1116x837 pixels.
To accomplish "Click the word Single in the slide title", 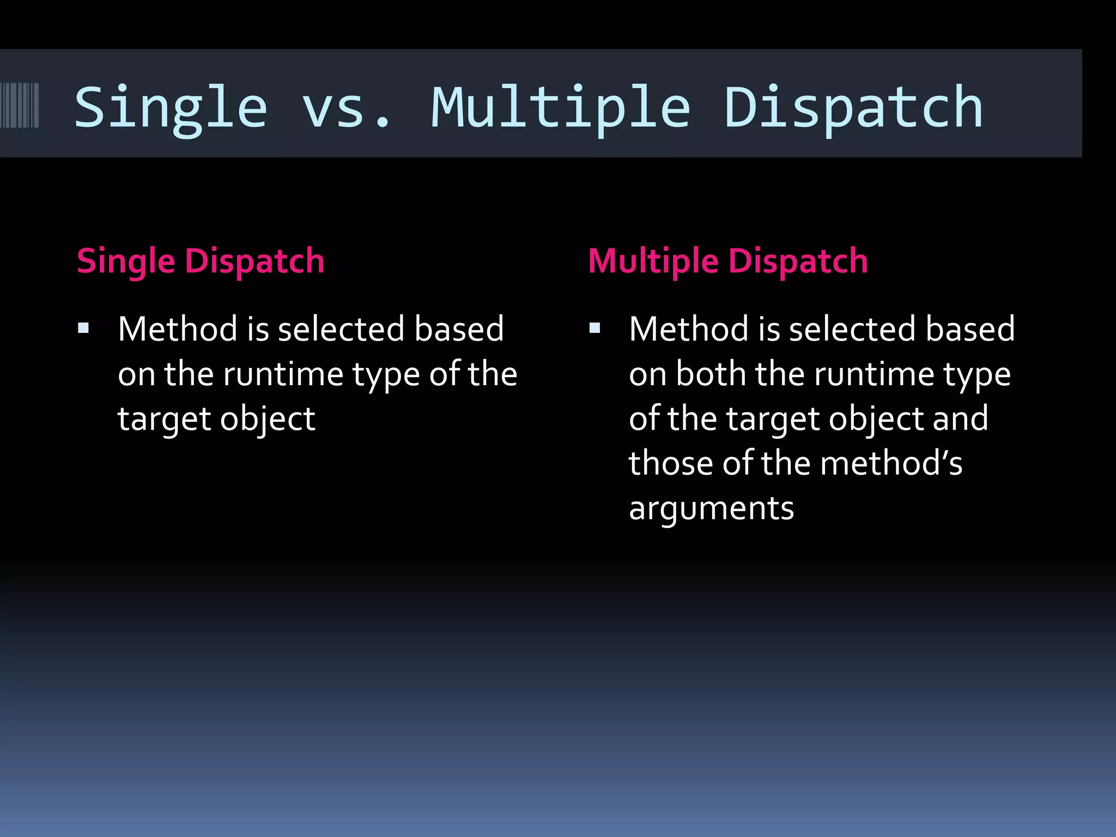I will coord(171,108).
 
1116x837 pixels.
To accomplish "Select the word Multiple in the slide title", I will coord(561,108).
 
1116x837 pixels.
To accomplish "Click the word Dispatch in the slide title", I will coord(853,108).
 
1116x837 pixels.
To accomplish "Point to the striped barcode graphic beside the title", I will coord(20,105).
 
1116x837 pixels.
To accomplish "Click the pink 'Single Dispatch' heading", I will coord(201,261).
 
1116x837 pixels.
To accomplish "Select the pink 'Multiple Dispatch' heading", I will coord(728,261).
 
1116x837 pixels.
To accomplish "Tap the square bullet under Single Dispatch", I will coord(83,328).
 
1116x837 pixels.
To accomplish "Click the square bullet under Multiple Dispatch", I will coord(595,328).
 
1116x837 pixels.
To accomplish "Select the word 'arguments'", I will coord(711,509).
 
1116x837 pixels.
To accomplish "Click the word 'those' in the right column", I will coord(670,464).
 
